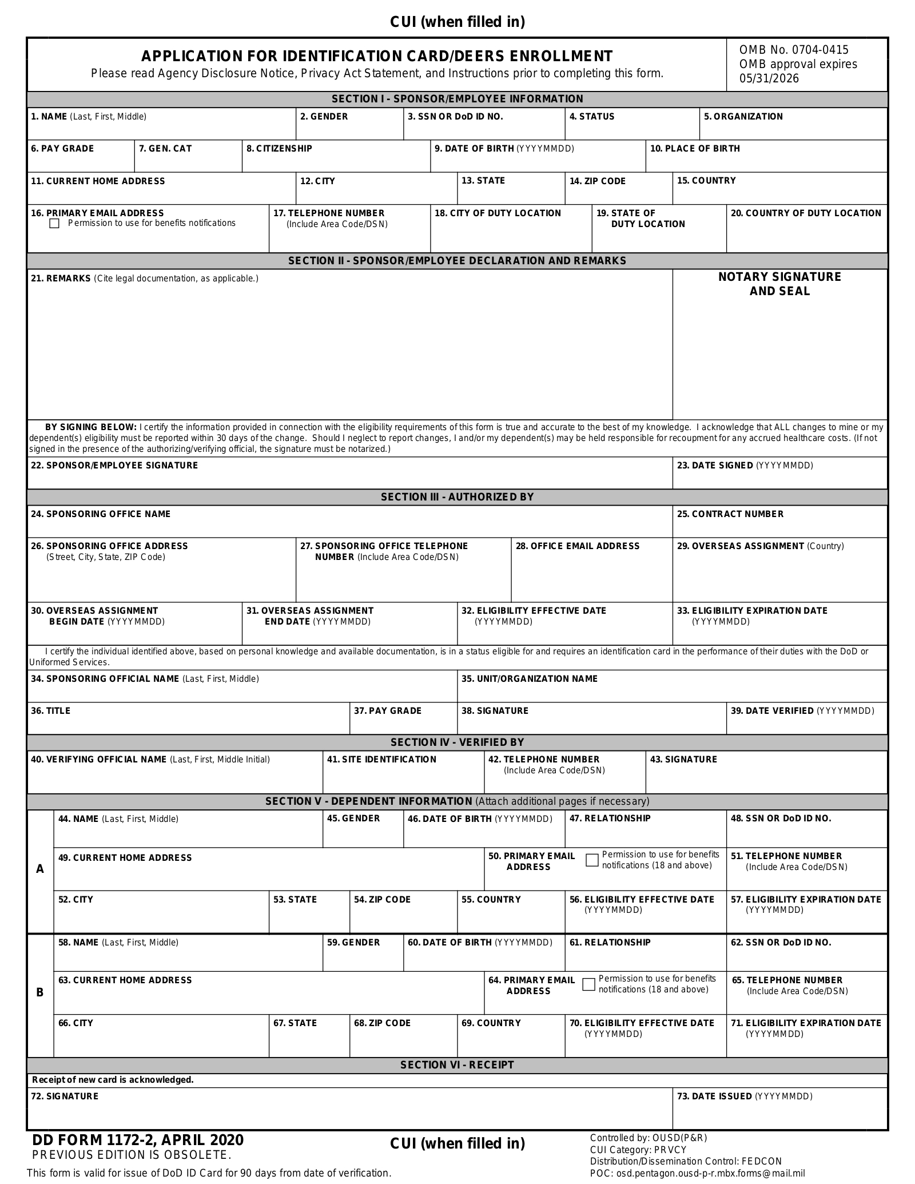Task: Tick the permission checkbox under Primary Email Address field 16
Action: pos(54,224)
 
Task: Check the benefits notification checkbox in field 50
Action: pos(592,860)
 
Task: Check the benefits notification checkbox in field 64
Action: pos(588,984)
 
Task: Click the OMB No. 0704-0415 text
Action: pos(794,50)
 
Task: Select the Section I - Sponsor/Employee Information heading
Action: pos(457,99)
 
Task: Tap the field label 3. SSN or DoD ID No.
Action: pos(455,117)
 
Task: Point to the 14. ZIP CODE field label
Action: pos(597,181)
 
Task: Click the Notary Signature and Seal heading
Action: pos(779,284)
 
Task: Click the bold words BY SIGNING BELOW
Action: pos(90,427)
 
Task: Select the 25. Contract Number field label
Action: pos(730,514)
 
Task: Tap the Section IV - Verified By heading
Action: pos(457,742)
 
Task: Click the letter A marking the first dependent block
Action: pos(40,869)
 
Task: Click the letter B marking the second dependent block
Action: pos(40,992)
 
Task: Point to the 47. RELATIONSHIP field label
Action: pos(610,819)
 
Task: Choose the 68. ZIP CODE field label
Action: pos(382,1023)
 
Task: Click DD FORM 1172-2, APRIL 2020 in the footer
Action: pos(138,1140)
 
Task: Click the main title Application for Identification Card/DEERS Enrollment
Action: pos(377,56)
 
